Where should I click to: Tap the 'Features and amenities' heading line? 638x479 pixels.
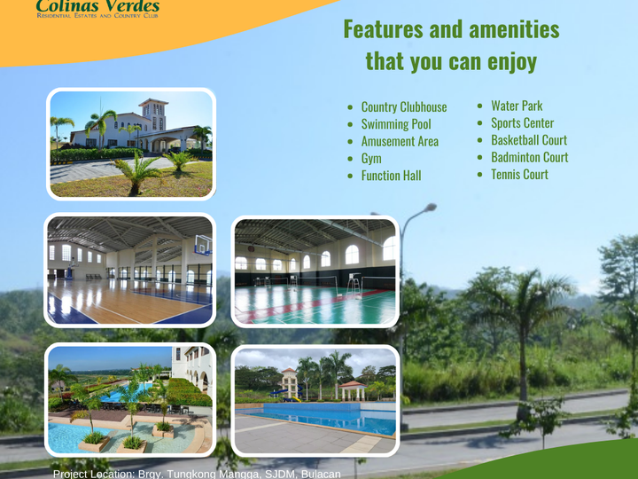451,29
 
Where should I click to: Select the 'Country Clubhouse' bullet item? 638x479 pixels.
403,107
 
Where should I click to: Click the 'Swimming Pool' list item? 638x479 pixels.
395,124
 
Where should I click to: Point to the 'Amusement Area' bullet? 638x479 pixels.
399,141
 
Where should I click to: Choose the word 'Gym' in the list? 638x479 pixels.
371,158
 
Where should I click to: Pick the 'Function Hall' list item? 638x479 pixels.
391,176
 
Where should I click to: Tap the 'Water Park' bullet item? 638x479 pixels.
516,106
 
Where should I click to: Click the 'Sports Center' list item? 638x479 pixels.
522,123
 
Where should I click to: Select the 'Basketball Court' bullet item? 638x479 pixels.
528,140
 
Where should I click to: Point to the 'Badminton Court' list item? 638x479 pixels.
529,157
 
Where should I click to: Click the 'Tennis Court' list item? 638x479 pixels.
519,175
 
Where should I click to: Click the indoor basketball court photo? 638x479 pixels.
130,270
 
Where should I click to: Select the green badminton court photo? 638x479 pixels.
315,271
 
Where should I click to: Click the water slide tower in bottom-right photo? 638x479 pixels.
289,381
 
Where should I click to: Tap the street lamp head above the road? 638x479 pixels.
429,208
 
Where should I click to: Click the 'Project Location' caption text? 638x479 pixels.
197,473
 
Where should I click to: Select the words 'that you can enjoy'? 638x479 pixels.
451,62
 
